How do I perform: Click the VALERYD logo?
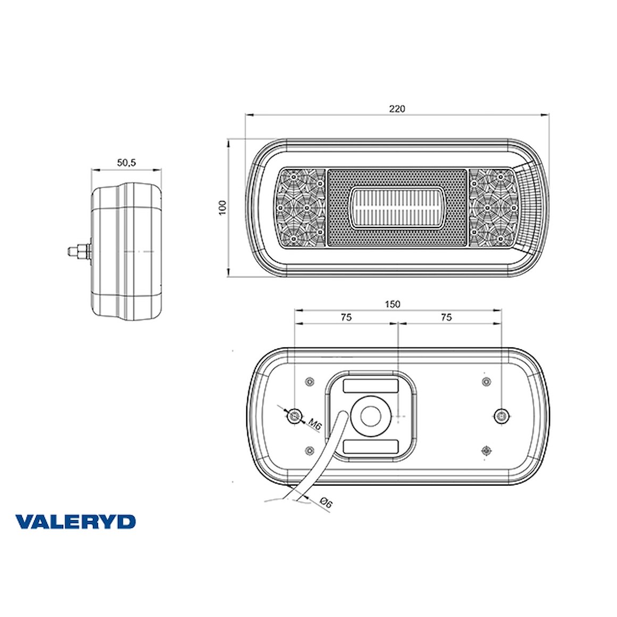pyautogui.click(x=76, y=522)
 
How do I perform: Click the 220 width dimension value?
pyautogui.click(x=397, y=109)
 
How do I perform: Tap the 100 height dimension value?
pyautogui.click(x=222, y=207)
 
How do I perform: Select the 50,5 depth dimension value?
pyautogui.click(x=127, y=163)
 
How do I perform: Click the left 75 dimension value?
pyautogui.click(x=346, y=317)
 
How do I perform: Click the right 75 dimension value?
pyautogui.click(x=446, y=317)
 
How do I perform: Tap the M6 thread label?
pyautogui.click(x=315, y=424)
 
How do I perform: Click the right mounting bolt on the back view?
pyautogui.click(x=501, y=415)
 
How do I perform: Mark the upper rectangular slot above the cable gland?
pyautogui.click(x=371, y=386)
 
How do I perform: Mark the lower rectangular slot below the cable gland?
pyautogui.click(x=371, y=446)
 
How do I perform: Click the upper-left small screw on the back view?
pyautogui.click(x=309, y=381)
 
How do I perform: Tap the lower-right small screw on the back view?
pyautogui.click(x=485, y=451)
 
